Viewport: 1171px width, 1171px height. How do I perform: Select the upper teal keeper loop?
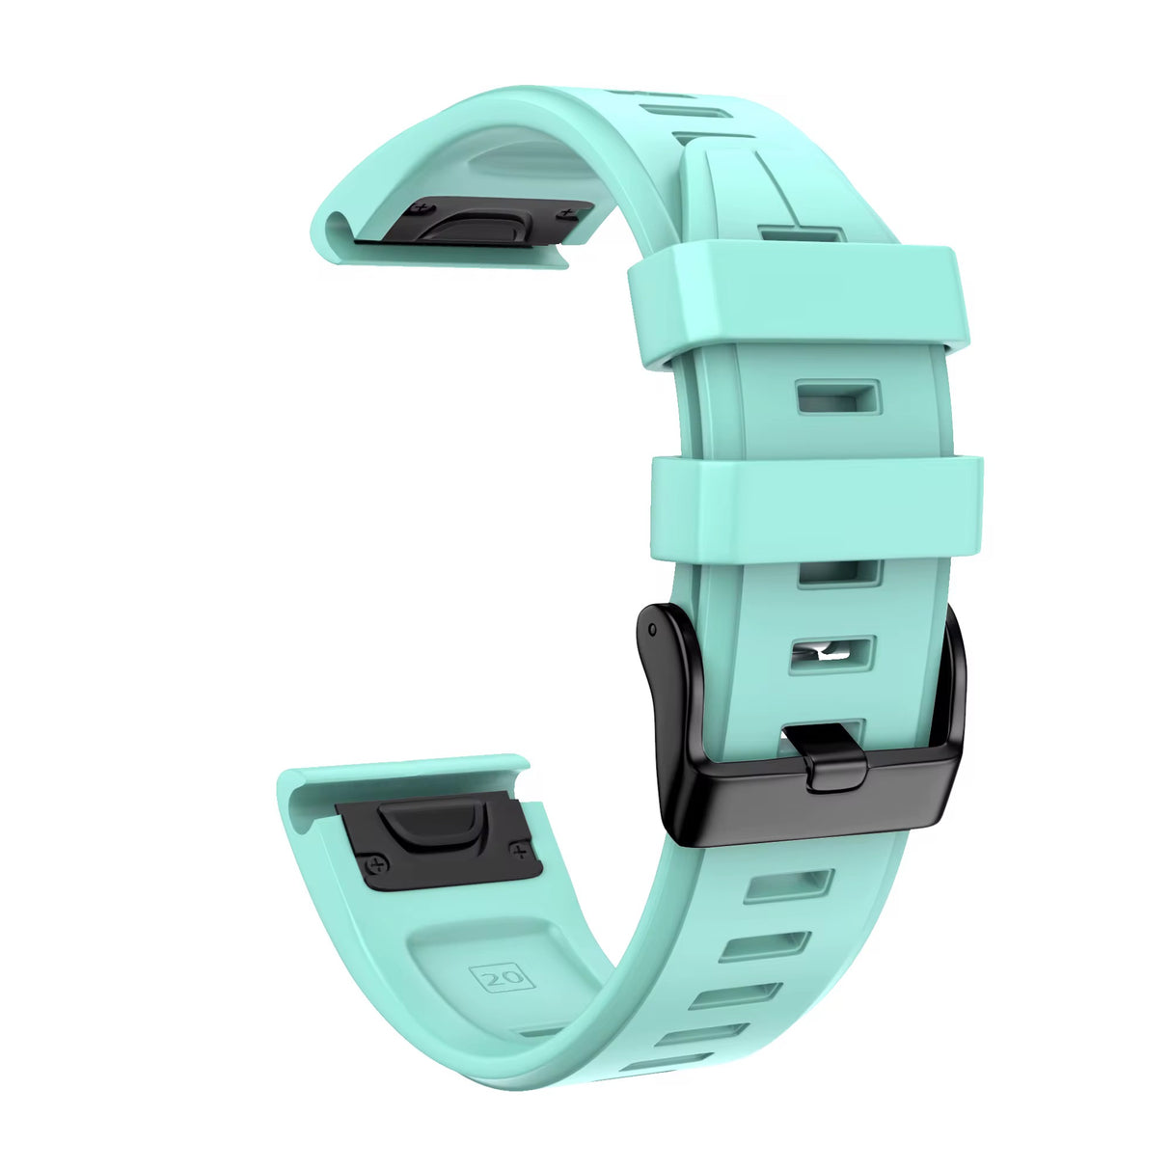coord(797,300)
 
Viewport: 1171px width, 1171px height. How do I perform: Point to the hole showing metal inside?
coord(831,655)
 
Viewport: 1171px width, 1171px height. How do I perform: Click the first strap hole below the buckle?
coord(787,885)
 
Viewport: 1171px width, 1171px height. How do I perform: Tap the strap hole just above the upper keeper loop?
coord(801,234)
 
